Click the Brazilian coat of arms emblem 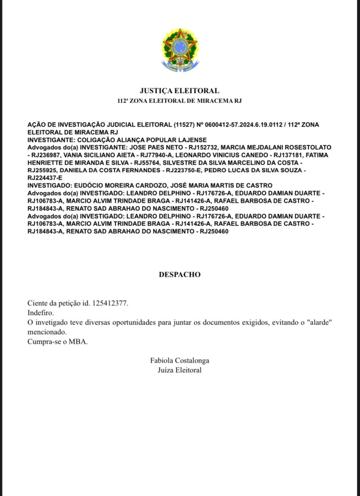180,49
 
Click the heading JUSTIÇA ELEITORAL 179,90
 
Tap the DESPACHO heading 179,274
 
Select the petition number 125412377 110,303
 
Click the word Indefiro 41,313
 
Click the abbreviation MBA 79,342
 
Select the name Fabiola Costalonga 179,361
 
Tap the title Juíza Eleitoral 179,370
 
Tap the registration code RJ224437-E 45,178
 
